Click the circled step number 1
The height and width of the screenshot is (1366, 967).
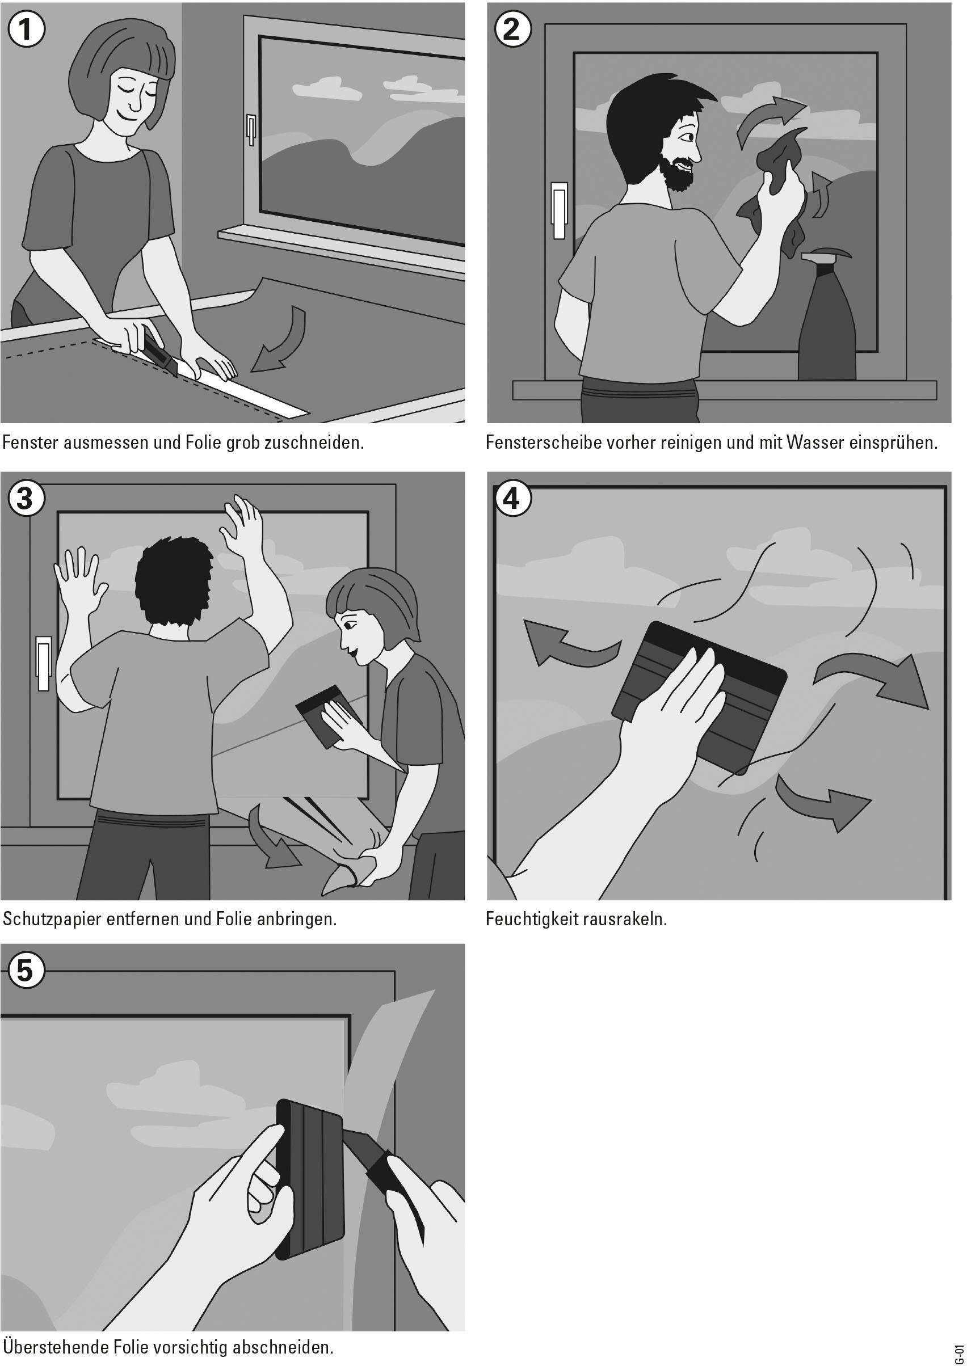tap(27, 31)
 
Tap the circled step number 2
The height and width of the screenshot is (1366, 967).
tap(512, 29)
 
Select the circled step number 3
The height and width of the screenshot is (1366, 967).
tap(25, 499)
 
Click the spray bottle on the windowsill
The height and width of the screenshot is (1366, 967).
tap(826, 315)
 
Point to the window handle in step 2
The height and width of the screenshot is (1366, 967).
tap(559, 210)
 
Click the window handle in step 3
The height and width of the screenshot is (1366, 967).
tap(44, 664)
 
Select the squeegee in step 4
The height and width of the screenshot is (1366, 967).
tap(700, 697)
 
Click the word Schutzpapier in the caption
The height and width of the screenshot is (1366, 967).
tap(51, 920)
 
